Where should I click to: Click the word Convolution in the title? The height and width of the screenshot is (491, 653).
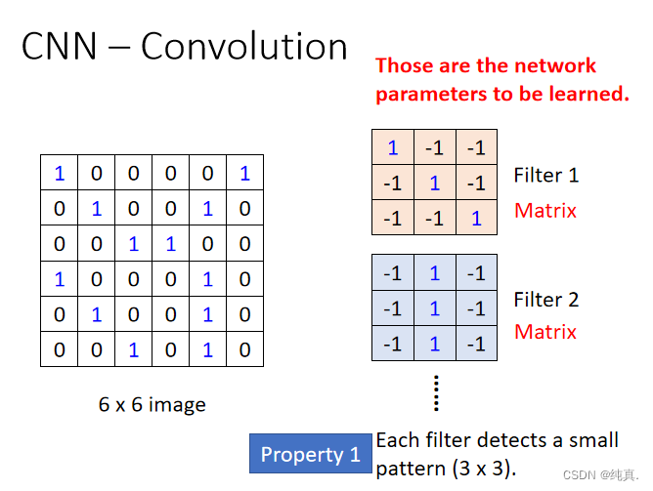click(x=243, y=46)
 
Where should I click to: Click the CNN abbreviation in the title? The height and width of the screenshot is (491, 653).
click(x=64, y=46)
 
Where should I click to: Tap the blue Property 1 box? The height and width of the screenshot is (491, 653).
click(x=310, y=455)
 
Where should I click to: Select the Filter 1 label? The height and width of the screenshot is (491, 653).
click(x=546, y=176)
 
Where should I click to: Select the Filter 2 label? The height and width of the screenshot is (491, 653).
click(x=546, y=300)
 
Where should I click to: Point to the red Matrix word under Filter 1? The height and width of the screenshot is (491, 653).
click(x=545, y=210)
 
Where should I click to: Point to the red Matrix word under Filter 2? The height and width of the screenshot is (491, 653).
click(x=545, y=332)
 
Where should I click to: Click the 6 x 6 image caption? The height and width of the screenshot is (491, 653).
click(x=152, y=404)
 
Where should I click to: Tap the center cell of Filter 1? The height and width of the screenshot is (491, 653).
click(x=434, y=184)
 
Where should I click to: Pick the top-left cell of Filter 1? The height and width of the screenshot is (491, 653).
click(x=392, y=148)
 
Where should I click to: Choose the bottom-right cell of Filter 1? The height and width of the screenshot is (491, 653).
click(x=476, y=219)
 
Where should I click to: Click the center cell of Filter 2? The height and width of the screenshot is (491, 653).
click(x=434, y=308)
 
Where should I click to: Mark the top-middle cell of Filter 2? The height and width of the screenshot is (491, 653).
click(x=434, y=273)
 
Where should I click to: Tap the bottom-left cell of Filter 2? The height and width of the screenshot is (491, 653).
click(x=392, y=344)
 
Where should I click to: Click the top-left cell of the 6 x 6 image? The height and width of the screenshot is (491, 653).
click(x=59, y=174)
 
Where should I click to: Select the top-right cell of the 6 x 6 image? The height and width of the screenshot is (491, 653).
click(x=244, y=174)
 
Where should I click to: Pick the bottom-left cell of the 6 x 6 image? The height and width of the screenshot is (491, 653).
click(x=59, y=349)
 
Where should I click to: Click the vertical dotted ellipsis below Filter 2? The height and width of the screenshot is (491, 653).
click(x=436, y=392)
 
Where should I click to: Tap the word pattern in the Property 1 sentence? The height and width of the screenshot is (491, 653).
click(x=411, y=468)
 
